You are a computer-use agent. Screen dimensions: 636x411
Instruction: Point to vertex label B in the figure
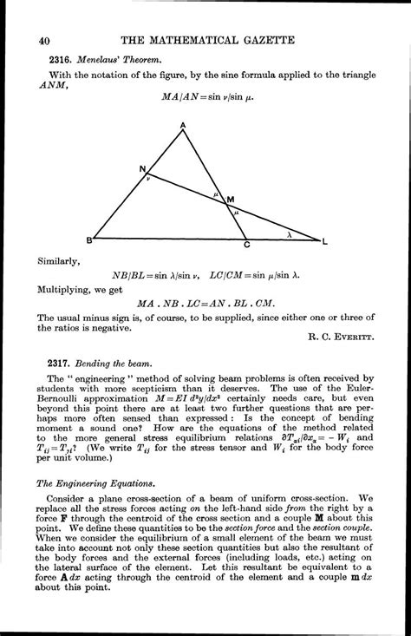pyautogui.click(x=87, y=241)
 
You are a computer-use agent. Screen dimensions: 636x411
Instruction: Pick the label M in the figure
pyautogui.click(x=231, y=200)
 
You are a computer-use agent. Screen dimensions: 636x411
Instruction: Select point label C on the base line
pyautogui.click(x=247, y=247)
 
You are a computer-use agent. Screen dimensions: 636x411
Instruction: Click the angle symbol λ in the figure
pyautogui.click(x=288, y=233)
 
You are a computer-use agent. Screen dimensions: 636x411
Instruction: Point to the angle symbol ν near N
pyautogui.click(x=148, y=180)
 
